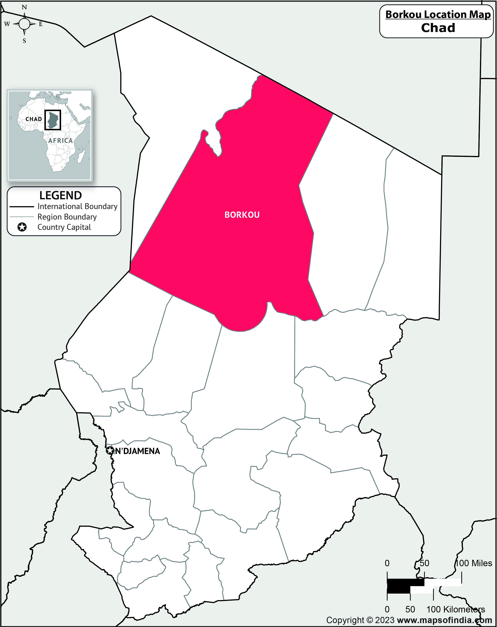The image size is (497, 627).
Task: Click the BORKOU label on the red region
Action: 242,215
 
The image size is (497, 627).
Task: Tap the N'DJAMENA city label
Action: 137,451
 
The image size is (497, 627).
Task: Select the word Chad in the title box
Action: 438,28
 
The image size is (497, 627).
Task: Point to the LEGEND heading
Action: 60,195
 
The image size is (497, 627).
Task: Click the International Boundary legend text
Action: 77,206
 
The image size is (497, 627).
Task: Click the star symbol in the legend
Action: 22,227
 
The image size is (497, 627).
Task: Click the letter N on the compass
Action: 24,7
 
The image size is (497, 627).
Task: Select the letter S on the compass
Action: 24,41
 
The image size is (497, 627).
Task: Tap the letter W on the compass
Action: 7,24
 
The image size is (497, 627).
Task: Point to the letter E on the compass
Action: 41,24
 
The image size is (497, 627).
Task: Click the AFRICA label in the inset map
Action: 60,141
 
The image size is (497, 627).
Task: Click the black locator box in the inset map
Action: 53,120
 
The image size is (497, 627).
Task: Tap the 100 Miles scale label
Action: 474,563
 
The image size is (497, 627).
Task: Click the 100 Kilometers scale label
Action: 455,609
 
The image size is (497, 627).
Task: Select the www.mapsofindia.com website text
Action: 444,620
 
